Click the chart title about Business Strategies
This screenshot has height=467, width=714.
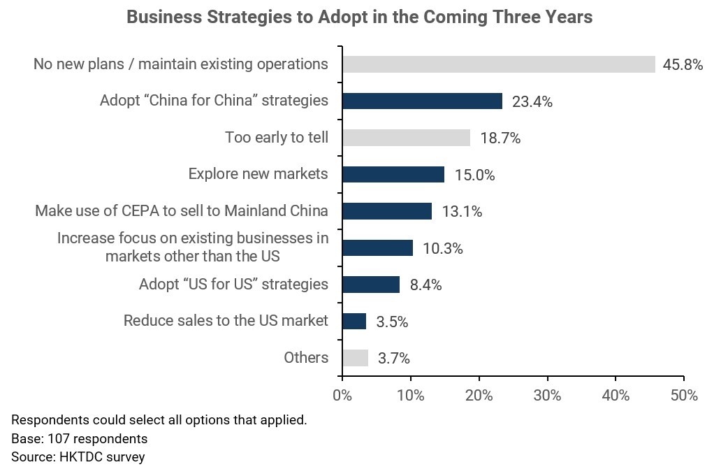tap(359, 17)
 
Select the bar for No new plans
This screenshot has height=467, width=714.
tap(499, 64)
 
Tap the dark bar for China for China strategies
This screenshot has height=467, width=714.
tap(422, 101)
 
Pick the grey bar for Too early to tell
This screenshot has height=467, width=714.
tap(406, 138)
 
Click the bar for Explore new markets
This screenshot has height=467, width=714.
tap(393, 174)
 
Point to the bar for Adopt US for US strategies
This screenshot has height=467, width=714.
tap(371, 285)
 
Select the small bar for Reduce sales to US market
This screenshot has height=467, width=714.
tap(354, 321)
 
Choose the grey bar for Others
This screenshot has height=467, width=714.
tap(355, 358)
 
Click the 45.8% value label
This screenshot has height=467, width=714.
tap(682, 66)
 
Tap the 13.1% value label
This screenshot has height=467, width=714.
tap(461, 212)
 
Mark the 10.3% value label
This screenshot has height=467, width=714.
tap(442, 248)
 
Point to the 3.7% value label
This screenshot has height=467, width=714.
tap(393, 359)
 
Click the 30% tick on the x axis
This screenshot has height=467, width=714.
tap(547, 396)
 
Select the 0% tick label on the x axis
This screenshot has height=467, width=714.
tap(342, 396)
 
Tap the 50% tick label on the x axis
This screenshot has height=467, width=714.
tap(683, 396)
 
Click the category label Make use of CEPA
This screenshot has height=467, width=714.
tap(182, 210)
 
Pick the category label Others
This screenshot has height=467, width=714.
tap(306, 358)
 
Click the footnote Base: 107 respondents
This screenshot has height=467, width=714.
tap(79, 439)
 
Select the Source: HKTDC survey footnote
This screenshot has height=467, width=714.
tap(78, 457)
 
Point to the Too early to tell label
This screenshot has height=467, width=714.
tap(276, 137)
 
